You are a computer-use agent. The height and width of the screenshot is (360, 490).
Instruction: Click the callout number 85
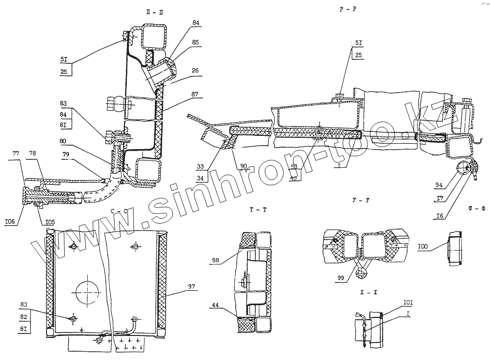(x=196, y=42)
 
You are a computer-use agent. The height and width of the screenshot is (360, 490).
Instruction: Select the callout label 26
(x=196, y=70)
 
